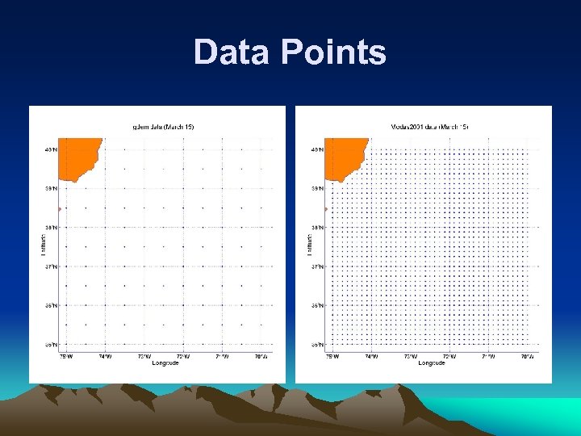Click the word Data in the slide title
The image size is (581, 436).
click(x=234, y=52)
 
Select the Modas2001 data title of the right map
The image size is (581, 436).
click(x=428, y=127)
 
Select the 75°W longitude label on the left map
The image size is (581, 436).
click(x=65, y=355)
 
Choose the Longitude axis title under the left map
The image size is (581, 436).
click(x=165, y=363)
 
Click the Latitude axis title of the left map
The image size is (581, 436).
click(x=42, y=246)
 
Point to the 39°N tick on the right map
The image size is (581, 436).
click(x=318, y=189)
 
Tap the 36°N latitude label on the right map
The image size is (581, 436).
click(x=318, y=306)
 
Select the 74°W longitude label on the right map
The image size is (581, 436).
click(x=371, y=355)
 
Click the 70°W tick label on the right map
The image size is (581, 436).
click(x=527, y=355)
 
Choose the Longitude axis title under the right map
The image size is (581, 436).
click(x=432, y=363)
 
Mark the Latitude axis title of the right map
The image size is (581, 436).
click(x=308, y=246)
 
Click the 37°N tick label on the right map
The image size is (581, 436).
click(x=318, y=266)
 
